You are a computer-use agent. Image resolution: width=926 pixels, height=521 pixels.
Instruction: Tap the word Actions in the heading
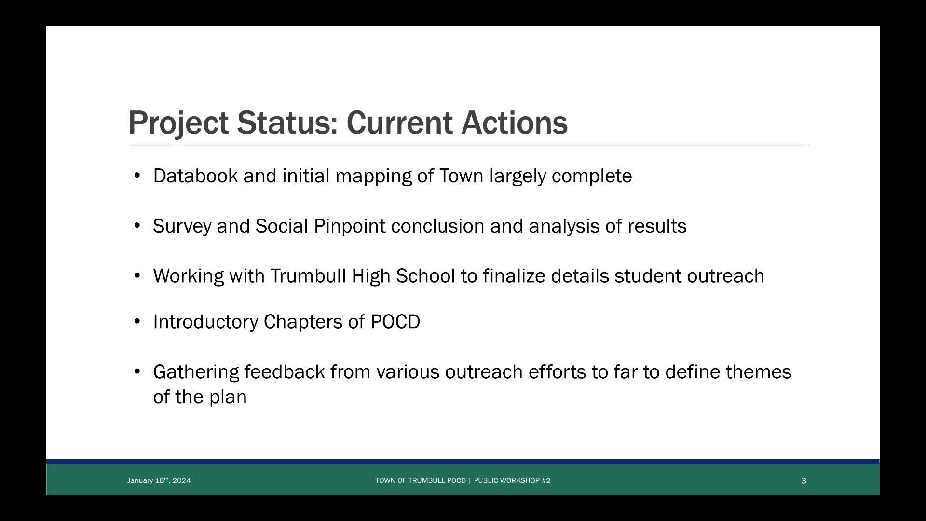515,123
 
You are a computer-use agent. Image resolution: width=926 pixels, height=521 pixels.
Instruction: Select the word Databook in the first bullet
195,176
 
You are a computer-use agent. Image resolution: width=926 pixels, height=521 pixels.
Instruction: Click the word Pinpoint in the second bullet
349,226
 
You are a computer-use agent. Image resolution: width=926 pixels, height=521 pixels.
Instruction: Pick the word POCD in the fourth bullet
395,322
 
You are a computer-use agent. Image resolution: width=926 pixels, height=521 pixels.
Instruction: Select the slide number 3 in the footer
803,480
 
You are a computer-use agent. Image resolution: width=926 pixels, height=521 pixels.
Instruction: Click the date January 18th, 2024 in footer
159,480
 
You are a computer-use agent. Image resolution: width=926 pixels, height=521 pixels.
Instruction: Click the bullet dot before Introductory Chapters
137,321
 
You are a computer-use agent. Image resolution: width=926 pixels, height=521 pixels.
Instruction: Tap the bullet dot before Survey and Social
137,226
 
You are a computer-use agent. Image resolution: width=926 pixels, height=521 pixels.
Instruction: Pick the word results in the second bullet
657,226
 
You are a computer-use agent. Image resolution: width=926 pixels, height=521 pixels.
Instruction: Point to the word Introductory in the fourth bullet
205,322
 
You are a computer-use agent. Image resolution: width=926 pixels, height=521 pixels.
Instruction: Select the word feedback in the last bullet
285,372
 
